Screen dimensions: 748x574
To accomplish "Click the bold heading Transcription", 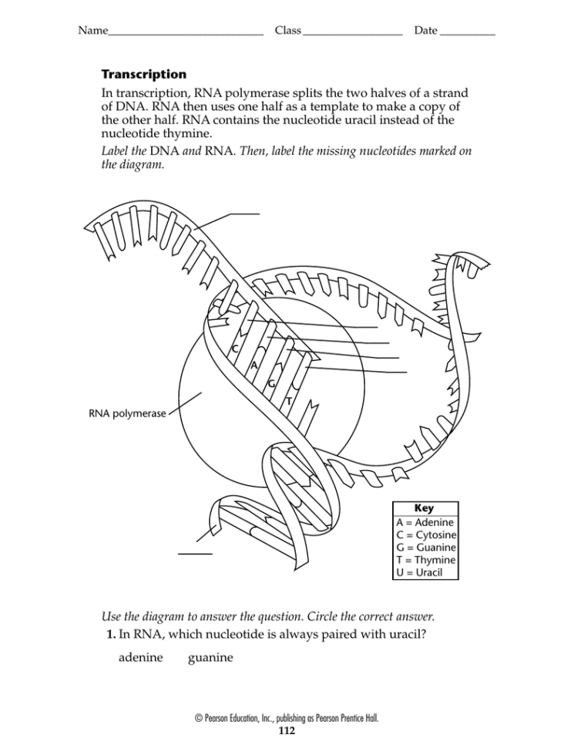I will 144,75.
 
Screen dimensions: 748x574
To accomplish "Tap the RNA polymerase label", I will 127,413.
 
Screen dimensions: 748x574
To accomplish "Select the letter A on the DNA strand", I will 253,366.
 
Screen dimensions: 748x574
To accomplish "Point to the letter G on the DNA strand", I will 271,383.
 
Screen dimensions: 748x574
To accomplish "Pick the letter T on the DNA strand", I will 288,402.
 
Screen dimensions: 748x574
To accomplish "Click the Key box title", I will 424,508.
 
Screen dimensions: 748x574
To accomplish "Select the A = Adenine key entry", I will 425,522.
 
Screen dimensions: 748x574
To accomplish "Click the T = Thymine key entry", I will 425,560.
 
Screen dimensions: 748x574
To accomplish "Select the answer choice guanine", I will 210,658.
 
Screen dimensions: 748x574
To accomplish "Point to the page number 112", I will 287,729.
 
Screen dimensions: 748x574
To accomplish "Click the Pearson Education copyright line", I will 287,718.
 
